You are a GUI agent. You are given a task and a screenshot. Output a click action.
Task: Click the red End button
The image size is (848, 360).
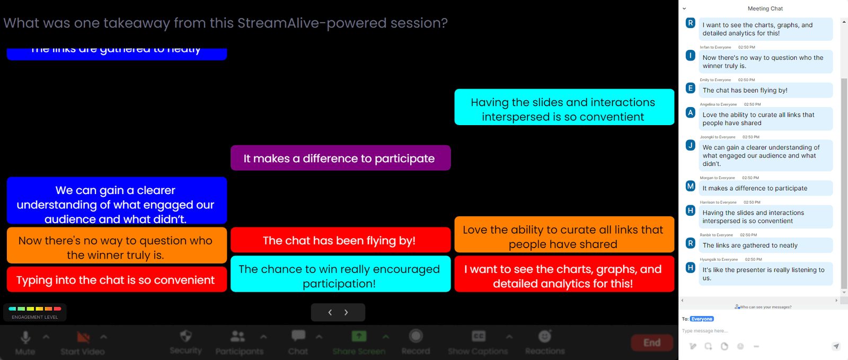point(652,343)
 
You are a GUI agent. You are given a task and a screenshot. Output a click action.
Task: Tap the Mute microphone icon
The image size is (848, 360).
point(25,338)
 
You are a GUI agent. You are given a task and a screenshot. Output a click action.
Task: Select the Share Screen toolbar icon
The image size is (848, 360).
point(359,336)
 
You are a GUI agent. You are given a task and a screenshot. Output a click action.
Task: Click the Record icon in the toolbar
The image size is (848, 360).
point(416,336)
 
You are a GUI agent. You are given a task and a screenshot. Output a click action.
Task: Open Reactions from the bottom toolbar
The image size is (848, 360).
point(545,336)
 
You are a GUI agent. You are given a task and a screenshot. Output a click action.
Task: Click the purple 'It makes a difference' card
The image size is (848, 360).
point(340,158)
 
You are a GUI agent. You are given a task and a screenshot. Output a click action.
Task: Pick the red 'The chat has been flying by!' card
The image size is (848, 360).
point(340,240)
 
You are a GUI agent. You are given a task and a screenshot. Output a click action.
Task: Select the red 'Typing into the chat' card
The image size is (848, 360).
point(117,279)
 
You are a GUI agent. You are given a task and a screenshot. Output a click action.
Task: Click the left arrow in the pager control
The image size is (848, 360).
point(330,313)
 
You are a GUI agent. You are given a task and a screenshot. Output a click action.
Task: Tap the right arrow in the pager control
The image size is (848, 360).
point(346,313)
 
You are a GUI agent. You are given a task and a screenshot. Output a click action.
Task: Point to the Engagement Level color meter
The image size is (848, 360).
point(35,309)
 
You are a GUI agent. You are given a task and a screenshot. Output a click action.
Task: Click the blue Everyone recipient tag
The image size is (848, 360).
point(702,319)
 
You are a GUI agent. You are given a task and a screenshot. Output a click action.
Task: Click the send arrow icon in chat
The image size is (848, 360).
point(836,346)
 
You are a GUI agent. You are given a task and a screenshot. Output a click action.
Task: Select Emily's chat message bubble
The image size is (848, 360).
point(765,91)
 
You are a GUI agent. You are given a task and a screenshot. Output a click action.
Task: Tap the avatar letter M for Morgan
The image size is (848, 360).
point(691,186)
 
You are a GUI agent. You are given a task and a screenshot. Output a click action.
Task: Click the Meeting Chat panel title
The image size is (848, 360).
point(765,8)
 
